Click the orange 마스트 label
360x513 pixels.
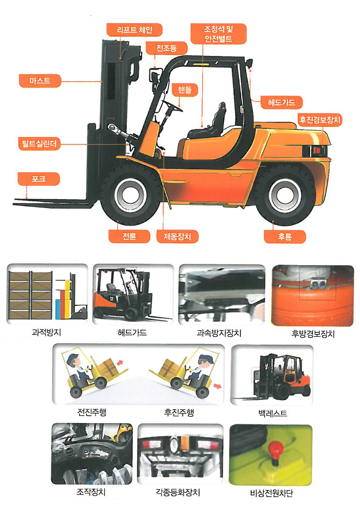click(x=40, y=81)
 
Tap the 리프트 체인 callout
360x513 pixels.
click(x=134, y=30)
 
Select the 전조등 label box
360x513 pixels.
click(x=166, y=48)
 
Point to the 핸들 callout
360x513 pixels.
click(x=185, y=89)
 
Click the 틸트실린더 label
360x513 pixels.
click(x=39, y=144)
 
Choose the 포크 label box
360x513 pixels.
click(x=39, y=179)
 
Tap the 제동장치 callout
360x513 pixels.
click(x=177, y=237)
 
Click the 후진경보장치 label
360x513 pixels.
click(x=320, y=120)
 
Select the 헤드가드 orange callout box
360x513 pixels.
click(x=282, y=102)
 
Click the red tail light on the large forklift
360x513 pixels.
click(x=317, y=150)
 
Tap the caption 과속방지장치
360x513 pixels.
click(x=219, y=333)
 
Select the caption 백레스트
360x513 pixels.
click(x=273, y=413)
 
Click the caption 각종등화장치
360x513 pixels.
click(x=178, y=492)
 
